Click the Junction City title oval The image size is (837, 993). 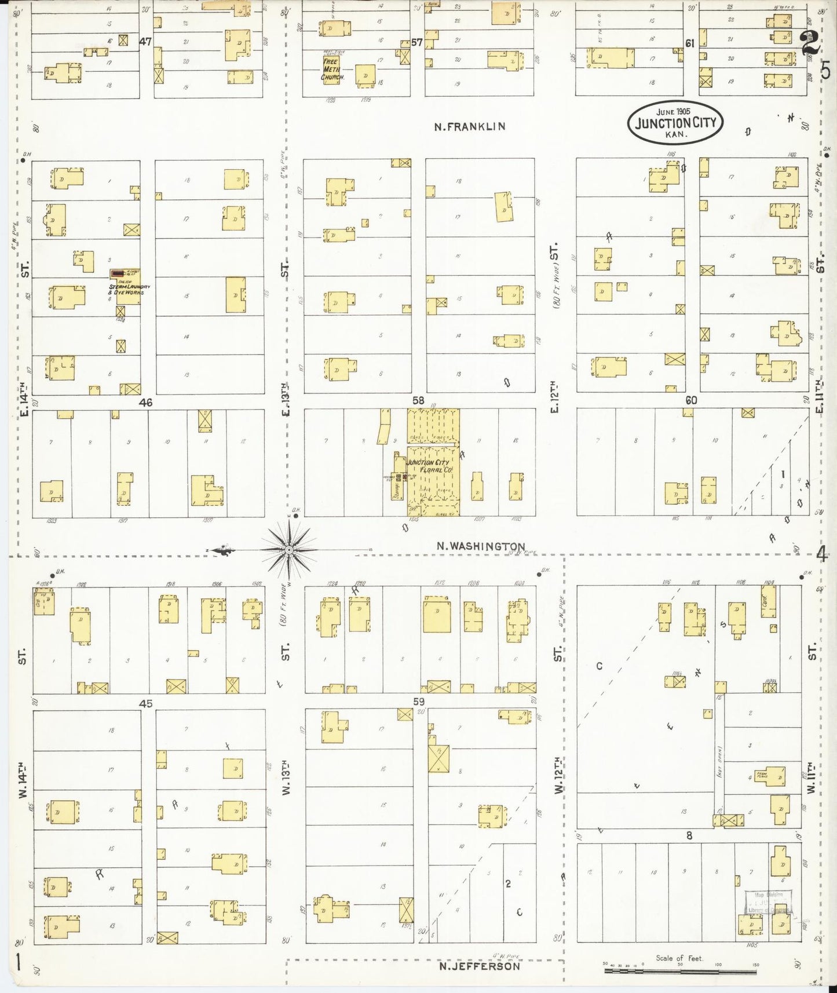[675, 122]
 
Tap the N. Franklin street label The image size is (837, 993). [470, 126]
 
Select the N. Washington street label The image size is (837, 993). [481, 546]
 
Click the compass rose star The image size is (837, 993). [288, 549]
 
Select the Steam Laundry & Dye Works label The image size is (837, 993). [129, 290]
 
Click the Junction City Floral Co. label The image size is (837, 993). [429, 466]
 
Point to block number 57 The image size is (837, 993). [417, 42]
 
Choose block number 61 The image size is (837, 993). [689, 42]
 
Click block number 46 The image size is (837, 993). [145, 402]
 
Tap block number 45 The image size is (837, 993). [145, 703]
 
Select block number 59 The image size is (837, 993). [419, 702]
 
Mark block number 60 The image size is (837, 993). [691, 400]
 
